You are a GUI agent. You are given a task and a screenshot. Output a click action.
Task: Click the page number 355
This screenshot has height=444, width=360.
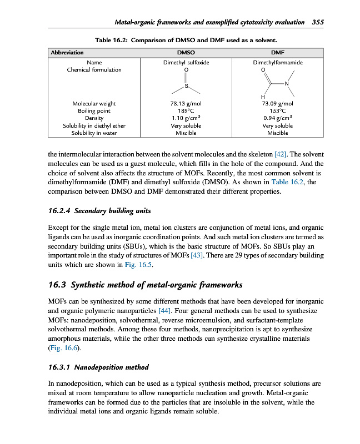coord(318,23)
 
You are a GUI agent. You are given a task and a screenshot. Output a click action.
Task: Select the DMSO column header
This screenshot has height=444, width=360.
coord(186,53)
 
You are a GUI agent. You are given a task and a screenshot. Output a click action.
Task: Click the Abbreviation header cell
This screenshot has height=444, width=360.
coord(67,53)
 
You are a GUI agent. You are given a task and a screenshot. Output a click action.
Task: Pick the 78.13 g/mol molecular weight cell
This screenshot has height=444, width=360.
coord(186,104)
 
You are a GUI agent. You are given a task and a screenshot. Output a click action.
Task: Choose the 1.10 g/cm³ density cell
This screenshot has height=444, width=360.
coord(186,118)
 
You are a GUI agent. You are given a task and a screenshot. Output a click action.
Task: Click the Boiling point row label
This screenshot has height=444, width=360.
coord(94,111)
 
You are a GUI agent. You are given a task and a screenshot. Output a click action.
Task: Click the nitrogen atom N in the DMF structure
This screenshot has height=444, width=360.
coord(286,84)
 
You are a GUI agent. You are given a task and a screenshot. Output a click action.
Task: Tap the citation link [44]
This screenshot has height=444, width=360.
coord(164,311)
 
